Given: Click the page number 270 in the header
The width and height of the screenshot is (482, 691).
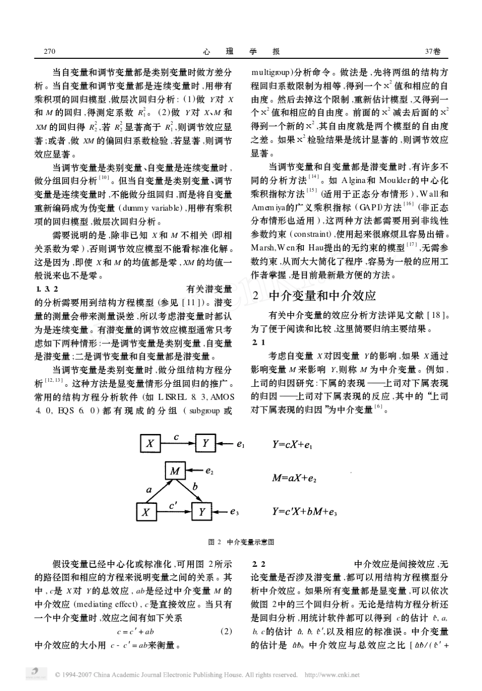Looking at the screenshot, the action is (x=50, y=51).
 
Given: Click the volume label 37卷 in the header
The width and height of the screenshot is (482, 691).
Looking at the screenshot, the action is (x=433, y=51).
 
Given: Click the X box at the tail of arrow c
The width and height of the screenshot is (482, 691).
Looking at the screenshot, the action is (x=150, y=444).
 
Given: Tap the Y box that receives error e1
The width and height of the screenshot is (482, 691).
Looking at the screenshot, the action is (x=205, y=444).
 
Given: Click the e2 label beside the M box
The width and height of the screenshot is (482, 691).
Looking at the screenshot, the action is (x=209, y=471).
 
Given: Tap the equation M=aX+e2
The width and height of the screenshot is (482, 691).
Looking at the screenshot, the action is (x=294, y=478).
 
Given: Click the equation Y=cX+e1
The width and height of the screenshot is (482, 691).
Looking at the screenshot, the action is (x=292, y=445).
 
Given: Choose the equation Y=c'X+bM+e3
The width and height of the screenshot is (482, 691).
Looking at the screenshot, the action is (x=304, y=512).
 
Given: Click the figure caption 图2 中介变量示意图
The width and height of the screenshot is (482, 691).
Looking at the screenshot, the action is (x=242, y=542).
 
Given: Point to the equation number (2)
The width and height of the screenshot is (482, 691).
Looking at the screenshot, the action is (x=226, y=632).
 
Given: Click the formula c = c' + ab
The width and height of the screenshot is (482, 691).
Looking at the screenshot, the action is (x=135, y=632).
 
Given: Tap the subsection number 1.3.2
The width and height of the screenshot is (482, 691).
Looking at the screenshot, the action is (x=47, y=289).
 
